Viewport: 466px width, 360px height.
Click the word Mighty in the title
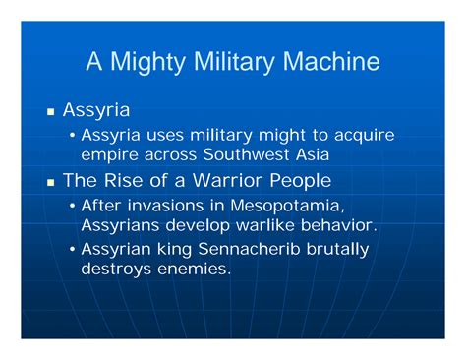tap(147, 62)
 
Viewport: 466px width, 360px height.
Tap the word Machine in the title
tap(331, 61)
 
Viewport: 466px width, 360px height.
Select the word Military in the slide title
tap(234, 62)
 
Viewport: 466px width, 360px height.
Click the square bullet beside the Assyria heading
tap(50, 112)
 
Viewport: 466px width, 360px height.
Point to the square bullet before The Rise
tap(50, 182)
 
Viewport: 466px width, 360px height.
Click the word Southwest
tap(246, 154)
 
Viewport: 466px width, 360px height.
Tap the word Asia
tap(313, 154)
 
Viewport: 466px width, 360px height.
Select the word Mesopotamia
tap(287, 206)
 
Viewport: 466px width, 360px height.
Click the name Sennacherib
tap(249, 249)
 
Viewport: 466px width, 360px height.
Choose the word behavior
tap(339, 225)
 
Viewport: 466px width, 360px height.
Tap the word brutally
tap(337, 250)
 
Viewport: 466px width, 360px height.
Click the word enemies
tap(195, 269)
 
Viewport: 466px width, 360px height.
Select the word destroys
tap(116, 270)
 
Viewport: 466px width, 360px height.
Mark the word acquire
tap(365, 136)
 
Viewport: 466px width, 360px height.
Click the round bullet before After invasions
tap(73, 206)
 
